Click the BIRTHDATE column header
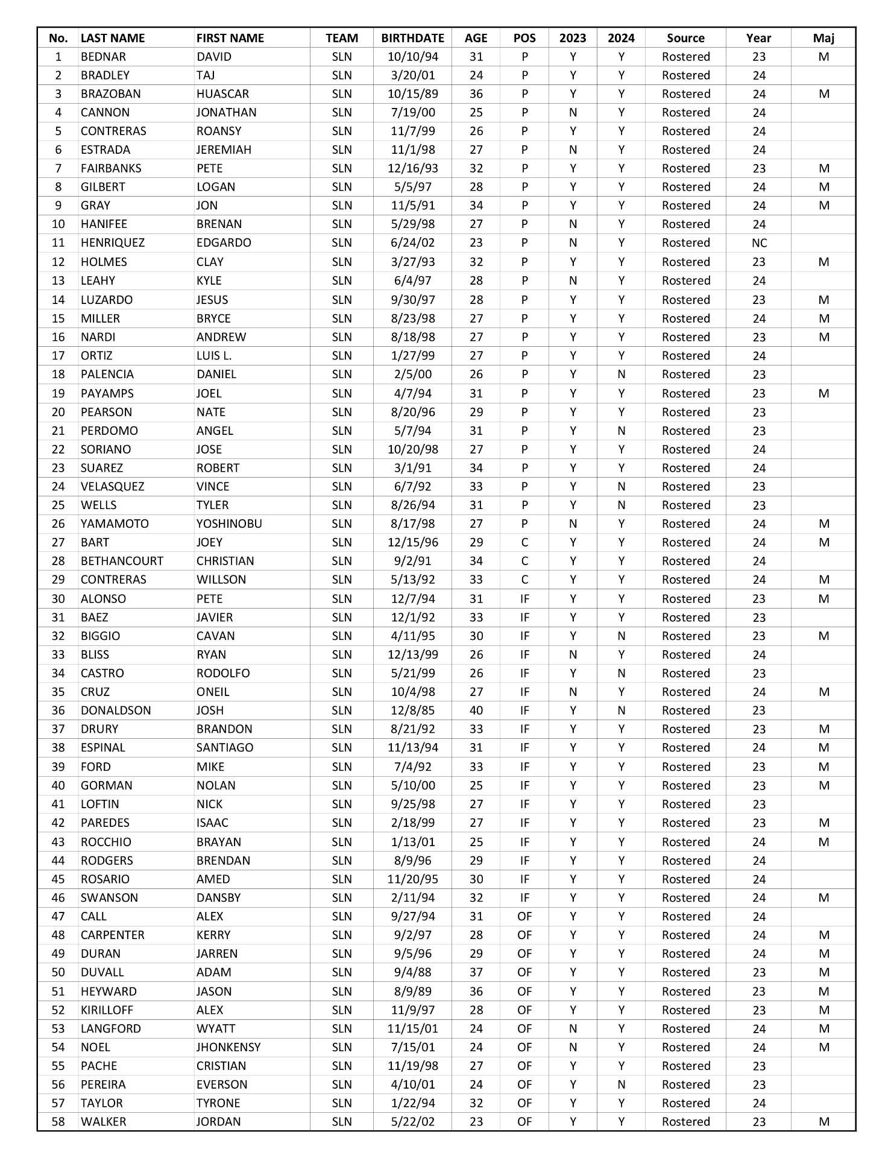coord(412,38)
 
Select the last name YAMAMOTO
coord(115,524)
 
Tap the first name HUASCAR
coord(222,94)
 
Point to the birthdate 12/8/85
coord(412,710)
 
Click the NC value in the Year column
coord(759,243)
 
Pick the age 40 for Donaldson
coord(476,710)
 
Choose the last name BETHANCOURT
coord(122,561)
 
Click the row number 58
coord(58,1122)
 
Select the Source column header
coord(685,38)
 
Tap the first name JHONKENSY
coord(228,1047)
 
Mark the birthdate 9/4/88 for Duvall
coord(412,972)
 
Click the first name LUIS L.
coord(214,356)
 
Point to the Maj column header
coord(823,38)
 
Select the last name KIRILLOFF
coord(107,1010)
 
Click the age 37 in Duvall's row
coord(476,972)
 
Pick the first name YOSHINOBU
coord(229,524)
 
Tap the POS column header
coord(524,38)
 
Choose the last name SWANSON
coord(109,897)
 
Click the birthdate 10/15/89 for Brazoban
coord(412,94)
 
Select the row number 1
coord(58,57)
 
